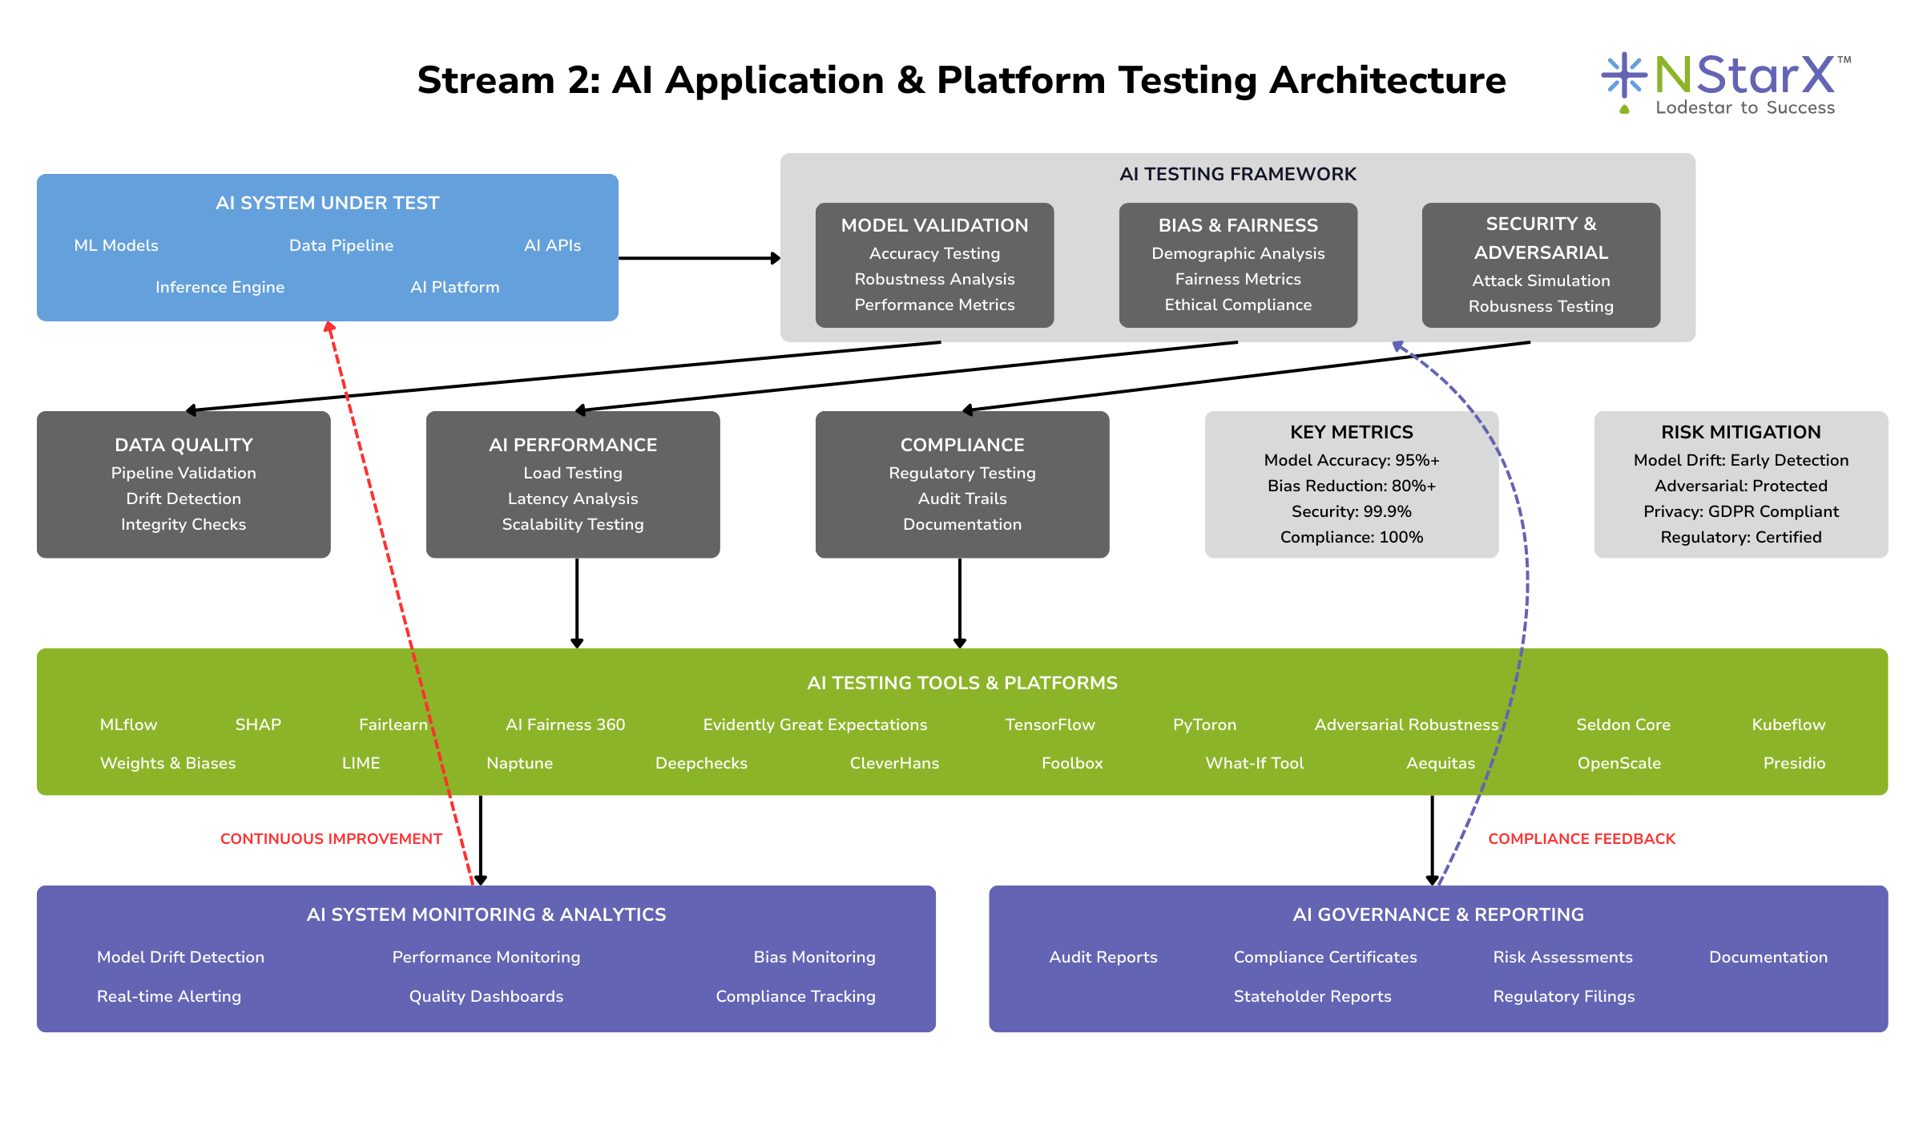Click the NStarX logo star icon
[1623, 75]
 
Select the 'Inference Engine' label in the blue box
[220, 287]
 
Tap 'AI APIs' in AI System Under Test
[552, 245]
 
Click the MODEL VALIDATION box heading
[934, 225]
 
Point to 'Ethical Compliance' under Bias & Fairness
[1238, 305]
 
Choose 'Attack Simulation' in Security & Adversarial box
[1541, 280]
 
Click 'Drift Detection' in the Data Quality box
[183, 498]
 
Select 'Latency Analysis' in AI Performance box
[573, 498]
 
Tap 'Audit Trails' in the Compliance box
[962, 498]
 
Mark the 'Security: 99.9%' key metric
[1351, 511]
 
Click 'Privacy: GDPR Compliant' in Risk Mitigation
[1741, 511]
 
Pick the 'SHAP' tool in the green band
[258, 724]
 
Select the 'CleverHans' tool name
[894, 763]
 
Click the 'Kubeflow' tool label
[1788, 724]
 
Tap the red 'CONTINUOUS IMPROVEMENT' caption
[331, 839]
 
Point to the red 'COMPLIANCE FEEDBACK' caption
[1582, 839]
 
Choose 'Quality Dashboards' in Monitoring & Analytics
[486, 996]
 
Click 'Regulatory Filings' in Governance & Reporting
[1563, 996]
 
